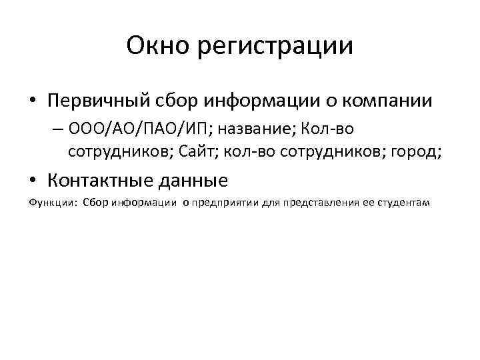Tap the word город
tap(413, 152)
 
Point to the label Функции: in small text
tap(53, 203)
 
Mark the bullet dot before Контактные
tap(33, 181)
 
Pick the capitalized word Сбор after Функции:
tap(95, 203)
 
